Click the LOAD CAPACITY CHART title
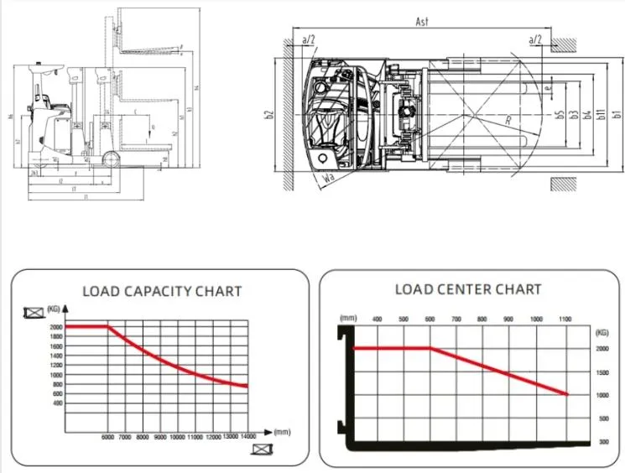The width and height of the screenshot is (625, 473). pyautogui.click(x=162, y=291)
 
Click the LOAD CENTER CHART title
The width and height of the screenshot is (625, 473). pyautogui.click(x=468, y=289)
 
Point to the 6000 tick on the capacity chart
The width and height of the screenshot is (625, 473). pyautogui.click(x=107, y=437)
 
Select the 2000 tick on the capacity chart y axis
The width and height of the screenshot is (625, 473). pyautogui.click(x=56, y=327)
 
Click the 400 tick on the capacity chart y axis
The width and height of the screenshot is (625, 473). pyautogui.click(x=57, y=403)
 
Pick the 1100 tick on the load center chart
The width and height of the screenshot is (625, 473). pyautogui.click(x=563, y=320)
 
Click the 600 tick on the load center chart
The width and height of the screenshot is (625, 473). pyautogui.click(x=430, y=320)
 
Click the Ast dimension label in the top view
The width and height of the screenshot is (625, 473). pyautogui.click(x=422, y=22)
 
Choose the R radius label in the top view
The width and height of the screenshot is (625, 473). pyautogui.click(x=508, y=121)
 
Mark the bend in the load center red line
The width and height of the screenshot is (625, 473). pyautogui.click(x=430, y=347)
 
